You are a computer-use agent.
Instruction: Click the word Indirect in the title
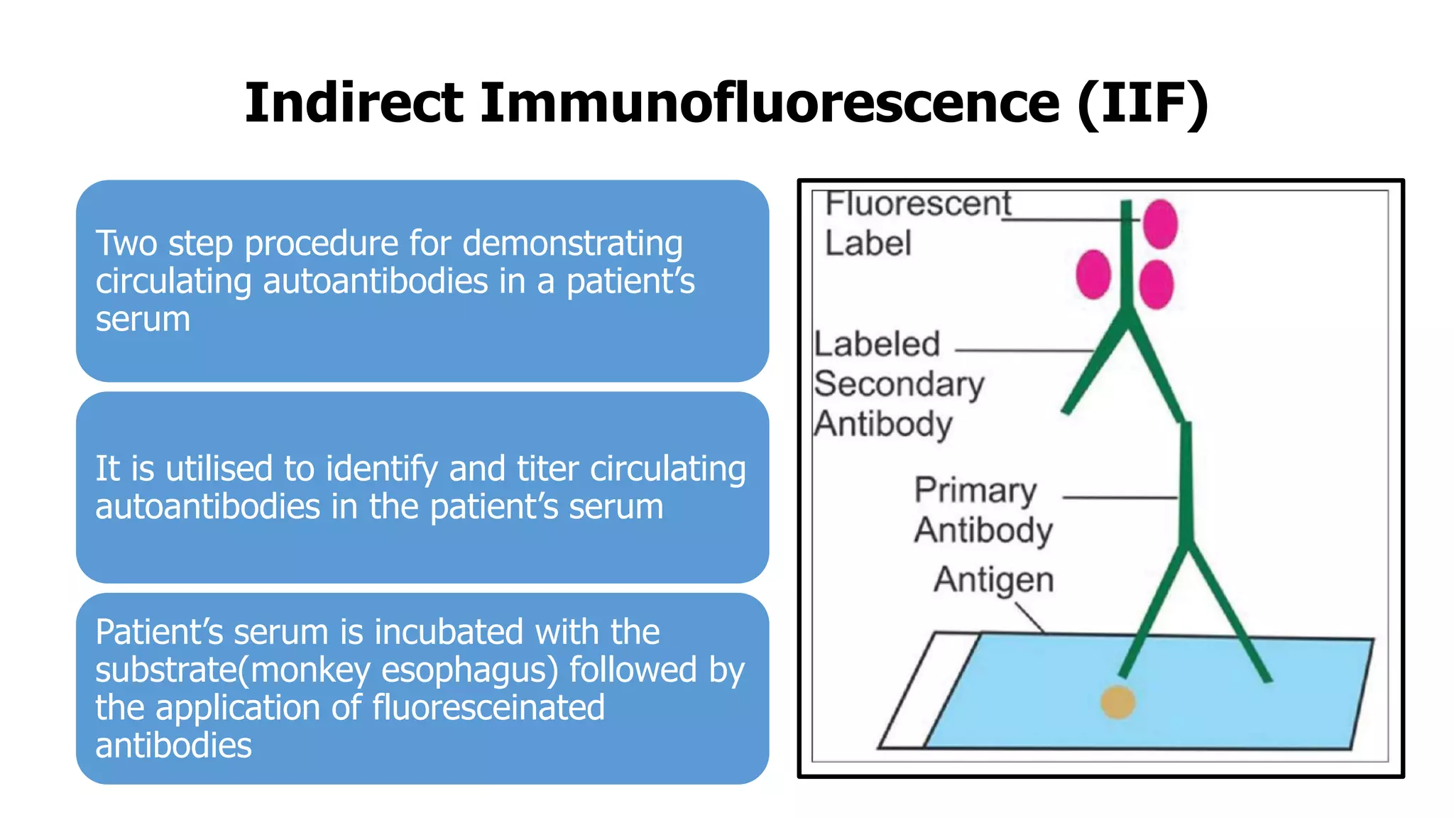(x=354, y=103)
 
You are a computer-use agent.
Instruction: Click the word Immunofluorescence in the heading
(x=770, y=103)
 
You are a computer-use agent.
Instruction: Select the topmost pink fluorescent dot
(x=1160, y=224)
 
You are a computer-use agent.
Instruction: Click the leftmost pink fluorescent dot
(x=1093, y=274)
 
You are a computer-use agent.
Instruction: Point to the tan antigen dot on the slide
(x=1117, y=702)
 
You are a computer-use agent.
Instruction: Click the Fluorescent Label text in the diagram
(x=917, y=222)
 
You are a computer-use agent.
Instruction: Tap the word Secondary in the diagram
(x=899, y=385)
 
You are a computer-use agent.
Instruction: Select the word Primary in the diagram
(x=975, y=491)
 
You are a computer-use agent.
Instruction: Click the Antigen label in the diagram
(x=993, y=580)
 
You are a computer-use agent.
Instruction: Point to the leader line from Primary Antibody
(x=1120, y=498)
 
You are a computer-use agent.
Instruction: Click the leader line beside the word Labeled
(x=1024, y=350)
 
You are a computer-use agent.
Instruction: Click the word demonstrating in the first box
(x=572, y=244)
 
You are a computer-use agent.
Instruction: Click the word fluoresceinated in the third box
(x=488, y=708)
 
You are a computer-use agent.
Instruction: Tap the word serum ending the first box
(x=143, y=319)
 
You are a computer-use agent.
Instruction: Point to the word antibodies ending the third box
(x=173, y=746)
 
